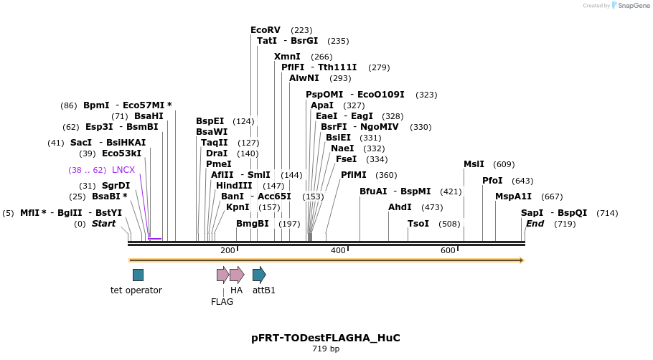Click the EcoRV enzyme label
pyautogui.click(x=265, y=30)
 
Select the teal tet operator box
pyautogui.click(x=138, y=275)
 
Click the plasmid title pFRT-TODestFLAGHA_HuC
pyautogui.click(x=326, y=337)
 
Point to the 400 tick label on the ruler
pyautogui.click(x=338, y=250)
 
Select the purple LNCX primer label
pyautogui.click(x=123, y=170)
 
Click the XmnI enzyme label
pyautogui.click(x=287, y=57)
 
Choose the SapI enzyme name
pyautogui.click(x=532, y=213)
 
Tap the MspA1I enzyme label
pyautogui.click(x=513, y=196)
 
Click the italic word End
pyautogui.click(x=535, y=224)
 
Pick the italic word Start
pyautogui.click(x=103, y=224)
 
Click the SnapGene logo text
pyautogui.click(x=634, y=6)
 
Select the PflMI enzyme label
pyautogui.click(x=353, y=175)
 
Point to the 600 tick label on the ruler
pyautogui.click(x=448, y=250)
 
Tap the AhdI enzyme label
pyautogui.click(x=400, y=207)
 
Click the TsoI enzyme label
pyautogui.click(x=418, y=224)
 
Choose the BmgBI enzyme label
pyautogui.click(x=253, y=224)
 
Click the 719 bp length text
pyautogui.click(x=326, y=349)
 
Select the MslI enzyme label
pyautogui.click(x=474, y=164)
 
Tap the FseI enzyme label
pyautogui.click(x=347, y=159)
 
